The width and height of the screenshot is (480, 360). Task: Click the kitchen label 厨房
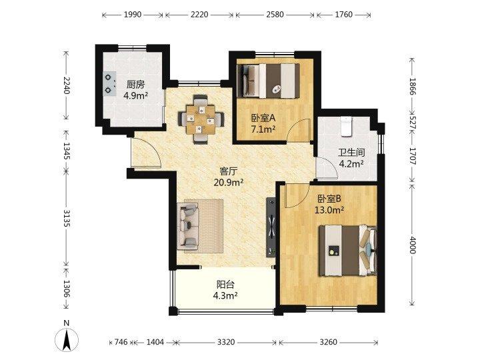[135, 85]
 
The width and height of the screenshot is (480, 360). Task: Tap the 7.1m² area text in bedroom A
[263, 129]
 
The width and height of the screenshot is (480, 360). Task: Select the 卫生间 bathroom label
[351, 152]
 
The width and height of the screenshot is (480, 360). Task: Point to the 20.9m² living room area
[229, 183]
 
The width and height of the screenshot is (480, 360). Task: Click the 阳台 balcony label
[225, 285]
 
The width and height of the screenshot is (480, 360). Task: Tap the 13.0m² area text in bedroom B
[329, 210]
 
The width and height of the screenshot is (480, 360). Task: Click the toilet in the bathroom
[346, 126]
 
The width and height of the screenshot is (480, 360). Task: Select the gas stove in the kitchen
[109, 84]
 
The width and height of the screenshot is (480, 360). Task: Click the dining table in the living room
[201, 119]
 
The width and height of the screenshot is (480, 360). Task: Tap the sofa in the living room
[188, 226]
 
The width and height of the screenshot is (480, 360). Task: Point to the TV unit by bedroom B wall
[271, 227]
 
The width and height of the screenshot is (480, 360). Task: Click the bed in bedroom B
[347, 251]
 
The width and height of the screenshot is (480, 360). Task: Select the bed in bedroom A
[269, 81]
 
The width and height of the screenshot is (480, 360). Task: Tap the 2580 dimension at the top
[275, 15]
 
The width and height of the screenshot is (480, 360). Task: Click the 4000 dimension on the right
[412, 245]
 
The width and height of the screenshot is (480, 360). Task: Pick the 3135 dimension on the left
[67, 218]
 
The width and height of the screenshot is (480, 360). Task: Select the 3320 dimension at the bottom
[226, 342]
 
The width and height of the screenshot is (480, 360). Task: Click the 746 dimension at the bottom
[121, 342]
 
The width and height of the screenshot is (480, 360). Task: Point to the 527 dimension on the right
[412, 122]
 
